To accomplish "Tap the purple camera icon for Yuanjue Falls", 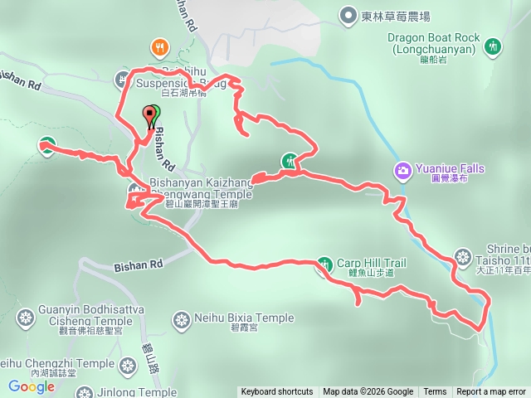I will click(402, 171).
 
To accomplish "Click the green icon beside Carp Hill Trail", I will click(323, 265).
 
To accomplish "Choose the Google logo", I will click(32, 386).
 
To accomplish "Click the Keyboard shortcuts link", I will click(276, 392).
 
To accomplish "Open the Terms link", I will click(435, 392).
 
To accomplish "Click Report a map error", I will click(491, 392).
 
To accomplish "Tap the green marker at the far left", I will click(46, 146).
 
